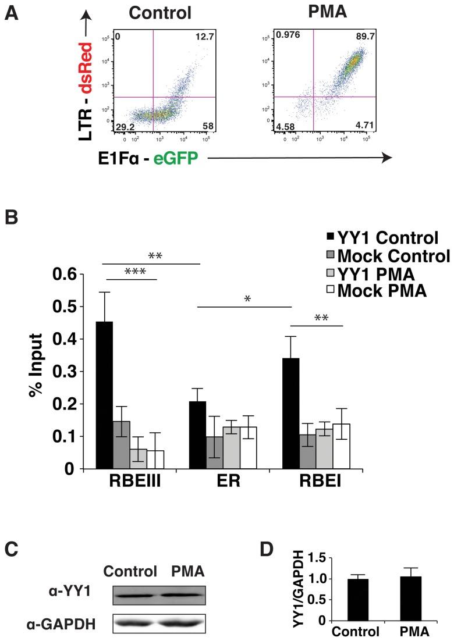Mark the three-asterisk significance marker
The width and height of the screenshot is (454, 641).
pyautogui.click(x=132, y=273)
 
